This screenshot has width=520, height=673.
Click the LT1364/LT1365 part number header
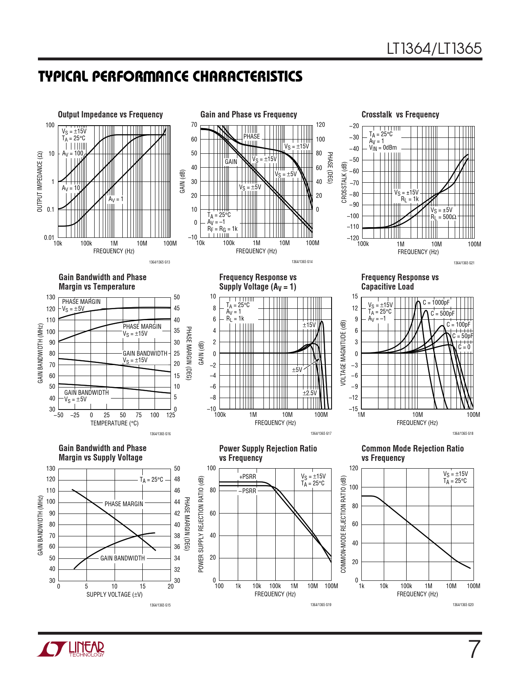[x=434, y=49]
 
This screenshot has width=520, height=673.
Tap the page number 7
[x=474, y=650]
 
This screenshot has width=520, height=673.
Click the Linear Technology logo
[x=71, y=649]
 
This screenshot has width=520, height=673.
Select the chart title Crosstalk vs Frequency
[x=400, y=115]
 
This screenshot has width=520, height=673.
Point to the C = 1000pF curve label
[x=436, y=303]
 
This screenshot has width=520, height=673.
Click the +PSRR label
[x=248, y=476]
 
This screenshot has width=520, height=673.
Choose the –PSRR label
[x=248, y=491]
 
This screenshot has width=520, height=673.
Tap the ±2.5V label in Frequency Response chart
[x=310, y=393]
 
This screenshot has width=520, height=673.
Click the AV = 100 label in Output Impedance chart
[x=73, y=153]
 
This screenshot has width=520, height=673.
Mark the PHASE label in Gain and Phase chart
[x=251, y=136]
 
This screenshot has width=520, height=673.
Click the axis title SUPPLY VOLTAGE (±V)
[x=114, y=594]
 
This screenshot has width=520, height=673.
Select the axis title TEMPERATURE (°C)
[x=115, y=423]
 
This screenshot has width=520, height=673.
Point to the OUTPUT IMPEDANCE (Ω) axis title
[x=40, y=182]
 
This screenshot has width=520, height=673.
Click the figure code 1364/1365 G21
[x=464, y=263]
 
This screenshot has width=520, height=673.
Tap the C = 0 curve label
[x=464, y=347]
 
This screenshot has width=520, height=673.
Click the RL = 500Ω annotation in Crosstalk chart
[x=443, y=217]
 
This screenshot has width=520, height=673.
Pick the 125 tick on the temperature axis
[x=170, y=415]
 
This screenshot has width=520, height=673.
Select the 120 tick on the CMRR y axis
[x=354, y=468]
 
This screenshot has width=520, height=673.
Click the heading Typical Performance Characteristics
[x=170, y=77]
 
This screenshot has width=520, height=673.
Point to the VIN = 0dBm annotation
[x=383, y=148]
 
